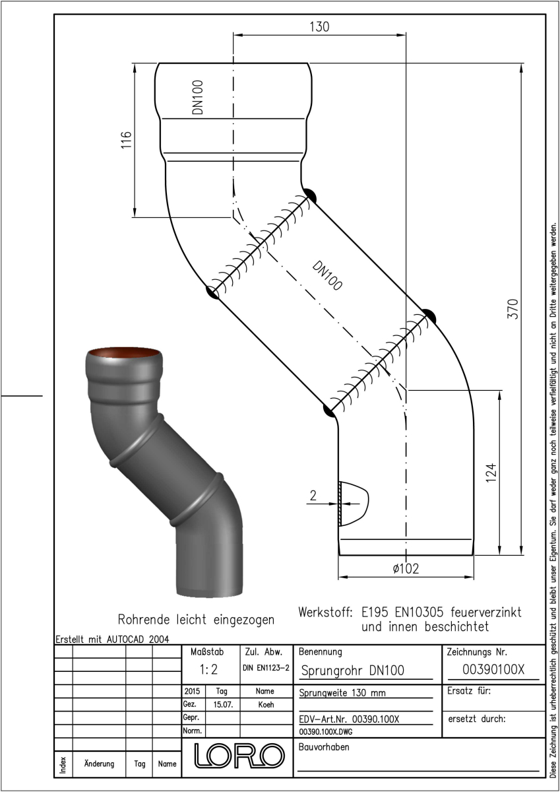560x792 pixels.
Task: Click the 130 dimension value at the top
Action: (x=319, y=27)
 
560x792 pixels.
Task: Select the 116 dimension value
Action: (x=127, y=140)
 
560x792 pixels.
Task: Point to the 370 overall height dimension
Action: (x=513, y=309)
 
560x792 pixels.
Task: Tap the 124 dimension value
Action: (x=491, y=473)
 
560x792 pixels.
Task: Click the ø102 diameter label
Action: (x=406, y=568)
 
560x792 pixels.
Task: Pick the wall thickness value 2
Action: (x=313, y=496)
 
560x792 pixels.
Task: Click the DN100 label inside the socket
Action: (x=197, y=97)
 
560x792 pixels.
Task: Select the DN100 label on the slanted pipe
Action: (x=327, y=276)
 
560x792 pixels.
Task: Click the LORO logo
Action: (x=239, y=756)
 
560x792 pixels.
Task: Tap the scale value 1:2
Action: (x=208, y=669)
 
